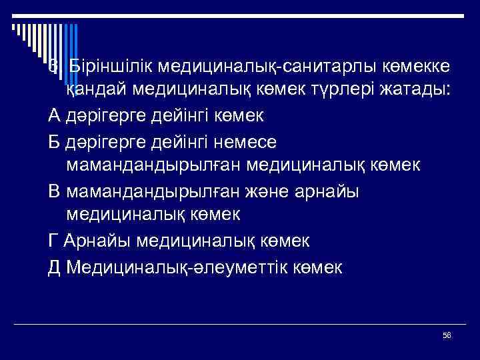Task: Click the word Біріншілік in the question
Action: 106,67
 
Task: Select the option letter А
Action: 55,116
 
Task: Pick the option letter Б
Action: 55,141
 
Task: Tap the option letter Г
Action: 54,239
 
